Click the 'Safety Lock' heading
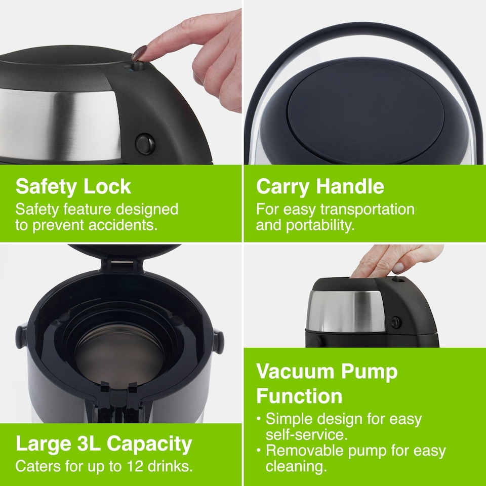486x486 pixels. click(x=73, y=187)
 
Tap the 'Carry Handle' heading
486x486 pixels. click(x=320, y=187)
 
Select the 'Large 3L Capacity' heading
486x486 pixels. click(x=104, y=444)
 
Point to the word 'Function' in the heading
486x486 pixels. click(x=299, y=396)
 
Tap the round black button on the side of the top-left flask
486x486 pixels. click(x=145, y=144)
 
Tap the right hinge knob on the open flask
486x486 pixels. click(x=218, y=340)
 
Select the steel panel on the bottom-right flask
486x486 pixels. click(x=347, y=311)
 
